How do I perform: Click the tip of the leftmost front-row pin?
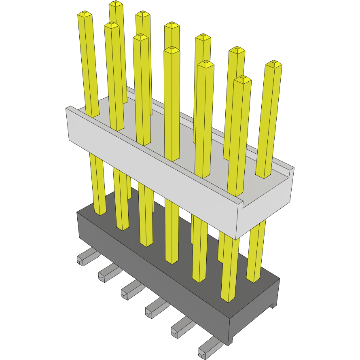point(85,15)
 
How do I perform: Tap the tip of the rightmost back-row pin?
point(273,64)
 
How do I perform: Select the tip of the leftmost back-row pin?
point(116,4)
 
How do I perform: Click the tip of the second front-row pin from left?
point(112,25)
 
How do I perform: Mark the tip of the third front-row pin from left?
point(140,37)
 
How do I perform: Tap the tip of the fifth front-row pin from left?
point(205,64)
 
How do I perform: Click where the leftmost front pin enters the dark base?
point(100,213)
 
